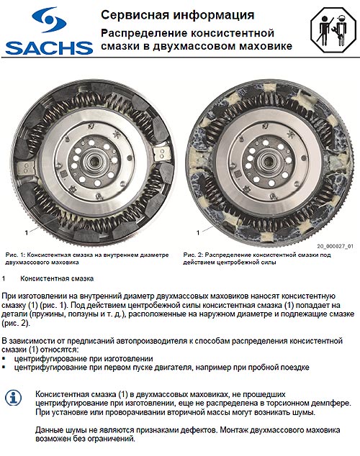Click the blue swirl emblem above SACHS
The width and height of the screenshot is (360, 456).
48,21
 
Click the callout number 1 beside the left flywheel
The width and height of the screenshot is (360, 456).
26,232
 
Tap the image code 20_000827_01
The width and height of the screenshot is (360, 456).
335,245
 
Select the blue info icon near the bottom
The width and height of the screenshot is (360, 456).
14,398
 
